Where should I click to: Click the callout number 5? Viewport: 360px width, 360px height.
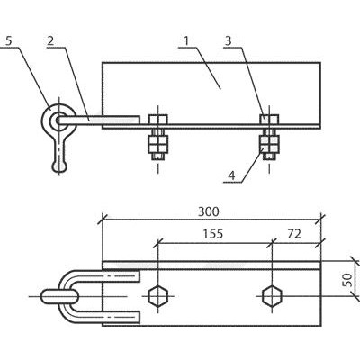[x=8, y=40]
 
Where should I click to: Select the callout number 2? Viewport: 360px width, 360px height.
[x=50, y=40]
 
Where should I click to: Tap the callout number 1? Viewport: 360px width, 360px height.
[x=186, y=40]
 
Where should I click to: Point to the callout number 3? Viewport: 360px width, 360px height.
[x=229, y=40]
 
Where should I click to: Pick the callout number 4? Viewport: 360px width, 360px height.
[x=232, y=175]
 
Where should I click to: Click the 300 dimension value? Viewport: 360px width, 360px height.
[x=209, y=211]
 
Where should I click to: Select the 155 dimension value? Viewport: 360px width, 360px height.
[x=213, y=233]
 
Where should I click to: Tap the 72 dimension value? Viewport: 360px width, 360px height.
[x=294, y=234]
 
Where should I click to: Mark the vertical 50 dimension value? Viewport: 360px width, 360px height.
[x=347, y=280]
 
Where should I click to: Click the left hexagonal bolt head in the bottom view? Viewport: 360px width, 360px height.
[x=158, y=296]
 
